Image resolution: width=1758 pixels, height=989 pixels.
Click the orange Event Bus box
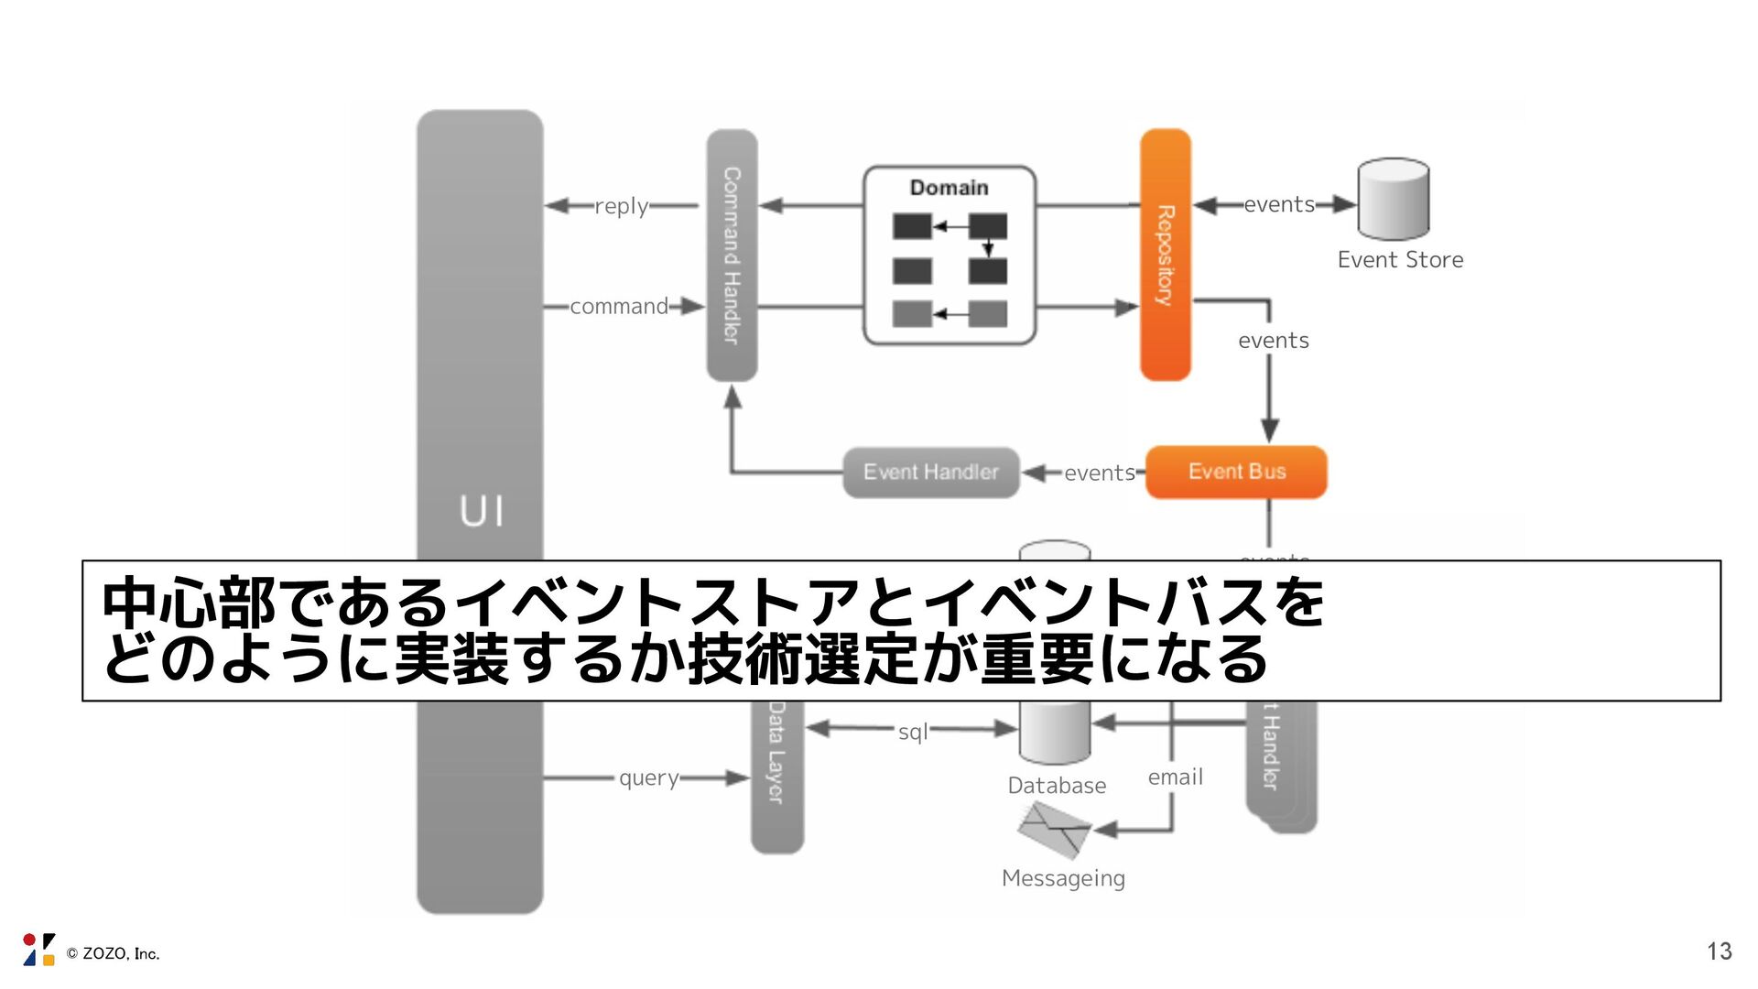coord(1235,472)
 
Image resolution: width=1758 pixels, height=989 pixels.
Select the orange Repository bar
coord(1165,255)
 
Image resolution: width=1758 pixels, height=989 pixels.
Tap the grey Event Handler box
coord(930,473)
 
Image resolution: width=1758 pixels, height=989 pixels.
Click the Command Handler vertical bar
coord(732,255)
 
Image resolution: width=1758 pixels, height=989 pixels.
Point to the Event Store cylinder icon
coord(1393,199)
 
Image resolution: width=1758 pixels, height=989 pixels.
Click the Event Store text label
coord(1399,260)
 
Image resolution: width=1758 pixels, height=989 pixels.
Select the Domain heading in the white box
coord(949,188)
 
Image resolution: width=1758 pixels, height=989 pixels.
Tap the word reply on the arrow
coord(621,206)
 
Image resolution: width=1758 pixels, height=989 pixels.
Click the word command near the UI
coord(619,307)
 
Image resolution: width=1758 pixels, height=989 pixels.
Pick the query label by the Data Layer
coord(648,778)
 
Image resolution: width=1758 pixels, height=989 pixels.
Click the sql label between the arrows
coord(912,732)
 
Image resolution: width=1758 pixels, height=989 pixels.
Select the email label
coord(1175,777)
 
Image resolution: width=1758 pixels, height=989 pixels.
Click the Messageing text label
coord(1063,878)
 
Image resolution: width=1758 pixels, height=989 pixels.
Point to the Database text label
coord(1056,786)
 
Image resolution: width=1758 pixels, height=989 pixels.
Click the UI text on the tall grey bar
coord(481,511)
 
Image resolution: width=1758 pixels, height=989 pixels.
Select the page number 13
coord(1719,951)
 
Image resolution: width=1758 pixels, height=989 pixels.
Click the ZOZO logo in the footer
coord(38,950)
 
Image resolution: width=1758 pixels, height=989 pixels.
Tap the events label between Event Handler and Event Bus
coord(1099,473)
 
